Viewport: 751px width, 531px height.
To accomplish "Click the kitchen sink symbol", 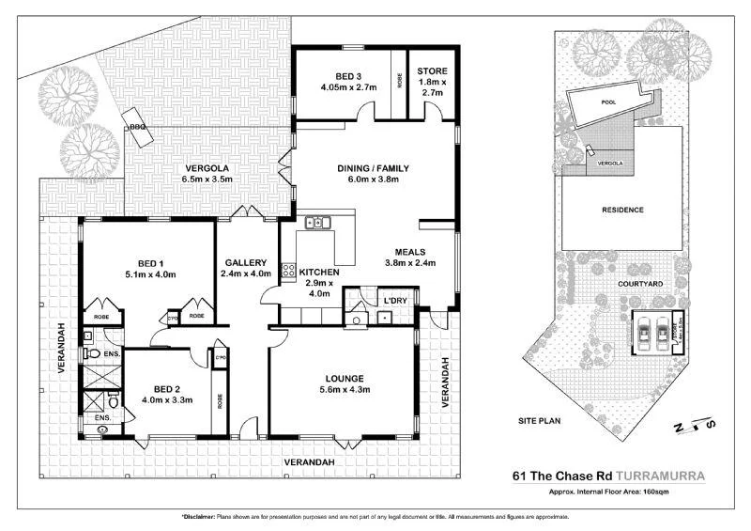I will [x=316, y=224].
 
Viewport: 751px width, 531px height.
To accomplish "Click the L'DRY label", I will [x=393, y=300].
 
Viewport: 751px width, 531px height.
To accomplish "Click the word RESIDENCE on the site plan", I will [x=621, y=210].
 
